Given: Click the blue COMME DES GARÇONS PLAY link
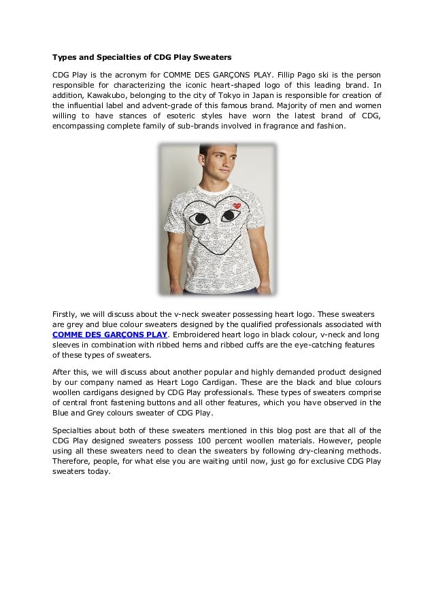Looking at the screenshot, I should (x=110, y=335).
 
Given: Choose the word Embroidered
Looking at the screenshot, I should (x=202, y=335).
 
